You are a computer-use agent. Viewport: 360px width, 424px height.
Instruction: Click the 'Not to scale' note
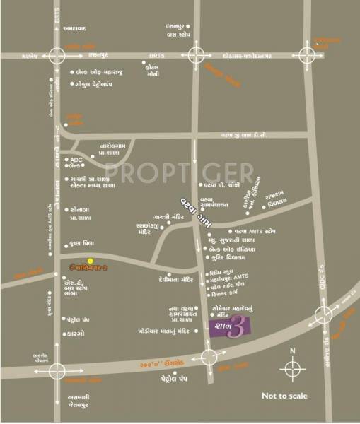284,396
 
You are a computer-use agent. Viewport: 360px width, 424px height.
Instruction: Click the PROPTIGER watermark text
179,172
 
